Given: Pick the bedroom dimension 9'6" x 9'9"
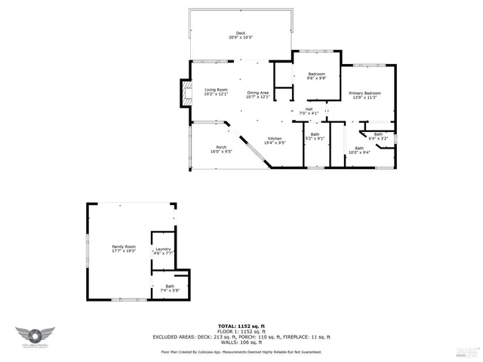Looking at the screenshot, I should click(316, 78).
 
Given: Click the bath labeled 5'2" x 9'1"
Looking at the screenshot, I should click(315, 138).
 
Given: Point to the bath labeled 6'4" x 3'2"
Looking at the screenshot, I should click(378, 137).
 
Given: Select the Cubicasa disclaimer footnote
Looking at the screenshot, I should click(241, 351).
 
